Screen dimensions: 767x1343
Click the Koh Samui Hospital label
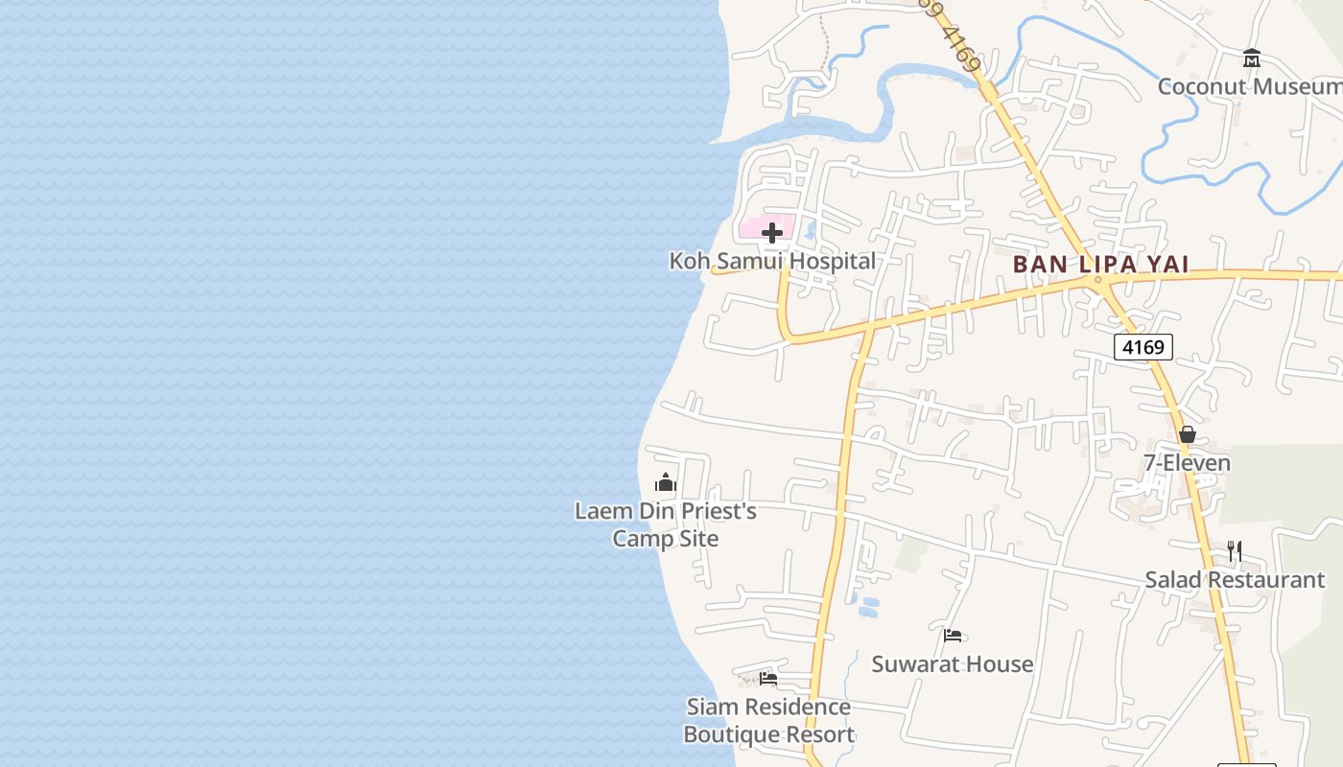click(x=772, y=261)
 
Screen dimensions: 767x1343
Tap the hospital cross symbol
click(x=772, y=233)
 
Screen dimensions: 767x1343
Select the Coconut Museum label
click(x=1249, y=86)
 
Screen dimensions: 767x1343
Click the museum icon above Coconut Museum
click(x=1252, y=58)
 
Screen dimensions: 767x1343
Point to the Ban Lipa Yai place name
click(x=1100, y=264)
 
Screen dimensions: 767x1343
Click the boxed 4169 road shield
click(x=1143, y=346)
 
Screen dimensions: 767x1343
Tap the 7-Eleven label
click(x=1187, y=463)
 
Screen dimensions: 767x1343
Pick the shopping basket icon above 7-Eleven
click(x=1188, y=435)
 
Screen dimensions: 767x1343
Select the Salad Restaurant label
click(x=1235, y=580)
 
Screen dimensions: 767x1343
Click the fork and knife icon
click(x=1235, y=551)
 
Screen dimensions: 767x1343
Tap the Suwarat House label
click(x=952, y=663)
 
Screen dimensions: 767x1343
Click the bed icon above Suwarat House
click(x=953, y=636)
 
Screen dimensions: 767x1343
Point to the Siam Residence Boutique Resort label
click(x=768, y=721)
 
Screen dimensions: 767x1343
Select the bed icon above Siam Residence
click(x=768, y=679)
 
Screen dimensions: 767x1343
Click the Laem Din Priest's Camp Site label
click(x=666, y=524)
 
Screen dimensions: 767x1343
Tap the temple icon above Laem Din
click(x=666, y=482)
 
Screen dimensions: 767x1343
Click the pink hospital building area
click(x=752, y=230)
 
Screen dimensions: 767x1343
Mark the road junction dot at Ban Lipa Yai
click(x=1098, y=280)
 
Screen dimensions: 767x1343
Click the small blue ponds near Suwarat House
click(x=867, y=607)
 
